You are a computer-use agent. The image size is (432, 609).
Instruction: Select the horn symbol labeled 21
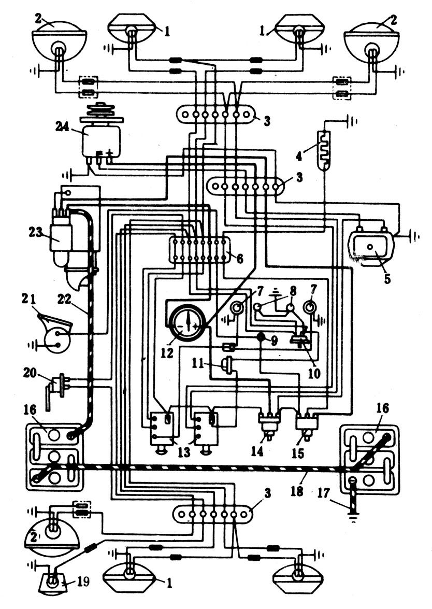tap(54, 333)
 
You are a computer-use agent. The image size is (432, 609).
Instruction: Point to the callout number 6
tap(240, 258)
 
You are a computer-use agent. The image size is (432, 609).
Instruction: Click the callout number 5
tap(387, 278)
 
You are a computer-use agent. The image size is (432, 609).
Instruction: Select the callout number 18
tap(297, 491)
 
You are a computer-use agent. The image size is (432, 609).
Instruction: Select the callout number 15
tap(298, 453)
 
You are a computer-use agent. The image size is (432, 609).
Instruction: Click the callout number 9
tap(275, 342)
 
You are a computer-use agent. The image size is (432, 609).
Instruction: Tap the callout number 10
tap(314, 374)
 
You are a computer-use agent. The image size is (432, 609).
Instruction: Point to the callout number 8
tap(293, 290)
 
